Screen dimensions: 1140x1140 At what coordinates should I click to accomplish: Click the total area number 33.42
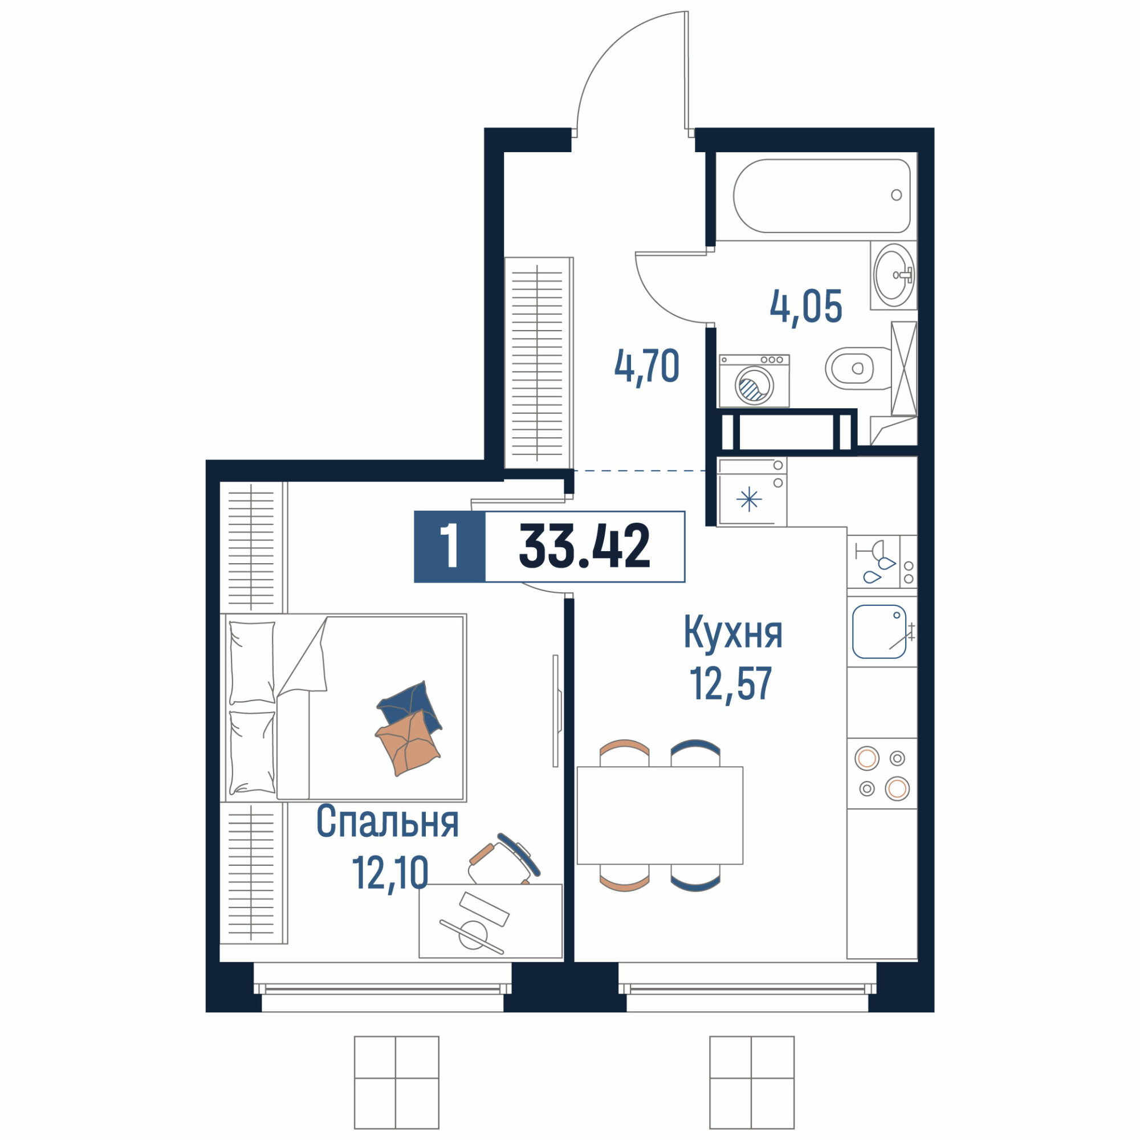point(584,547)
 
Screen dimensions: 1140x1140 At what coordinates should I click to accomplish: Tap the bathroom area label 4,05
point(805,307)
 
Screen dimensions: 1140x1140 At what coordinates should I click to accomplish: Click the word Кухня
point(733,632)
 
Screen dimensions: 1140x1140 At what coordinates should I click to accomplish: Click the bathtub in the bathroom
point(821,196)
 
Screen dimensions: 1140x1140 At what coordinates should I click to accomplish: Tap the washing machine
point(754,381)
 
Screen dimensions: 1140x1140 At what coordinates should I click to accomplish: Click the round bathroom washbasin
point(894,276)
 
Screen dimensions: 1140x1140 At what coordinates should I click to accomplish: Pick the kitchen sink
point(879,632)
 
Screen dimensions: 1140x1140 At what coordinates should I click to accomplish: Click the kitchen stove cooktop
point(882,773)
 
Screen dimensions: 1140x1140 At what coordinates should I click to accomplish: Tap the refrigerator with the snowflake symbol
point(752,492)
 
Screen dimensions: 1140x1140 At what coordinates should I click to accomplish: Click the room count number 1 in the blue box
point(450,547)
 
